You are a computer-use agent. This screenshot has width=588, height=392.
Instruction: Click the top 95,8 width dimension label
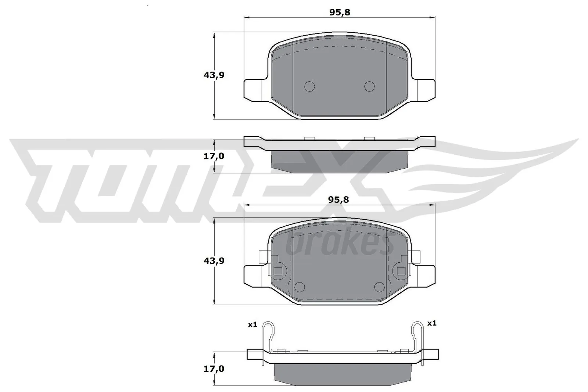tap(340, 12)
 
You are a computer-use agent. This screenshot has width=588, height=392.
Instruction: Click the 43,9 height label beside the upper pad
tap(214, 75)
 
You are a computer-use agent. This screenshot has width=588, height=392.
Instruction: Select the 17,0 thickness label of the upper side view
tap(214, 156)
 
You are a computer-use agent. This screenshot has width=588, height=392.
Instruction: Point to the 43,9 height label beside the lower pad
tap(214, 261)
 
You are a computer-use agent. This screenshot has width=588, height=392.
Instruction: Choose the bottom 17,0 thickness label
tap(214, 368)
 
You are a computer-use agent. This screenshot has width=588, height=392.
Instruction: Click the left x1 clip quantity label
tap(252, 324)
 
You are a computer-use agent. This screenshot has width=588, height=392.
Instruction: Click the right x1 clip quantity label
tap(431, 323)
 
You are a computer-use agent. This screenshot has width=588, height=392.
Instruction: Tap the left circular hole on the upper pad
tap(310, 86)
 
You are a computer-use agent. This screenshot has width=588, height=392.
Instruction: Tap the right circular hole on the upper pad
tap(369, 86)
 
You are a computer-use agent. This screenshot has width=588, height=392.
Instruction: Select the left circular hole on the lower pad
tap(300, 287)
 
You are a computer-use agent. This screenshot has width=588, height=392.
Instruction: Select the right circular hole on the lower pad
tap(379, 287)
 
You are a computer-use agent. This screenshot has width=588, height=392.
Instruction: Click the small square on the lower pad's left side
tap(278, 271)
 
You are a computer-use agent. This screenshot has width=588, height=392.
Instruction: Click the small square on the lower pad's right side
tap(401, 271)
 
